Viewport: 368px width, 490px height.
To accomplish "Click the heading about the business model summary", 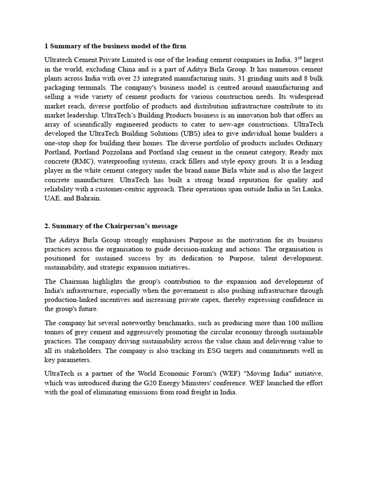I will (x=115, y=46).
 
